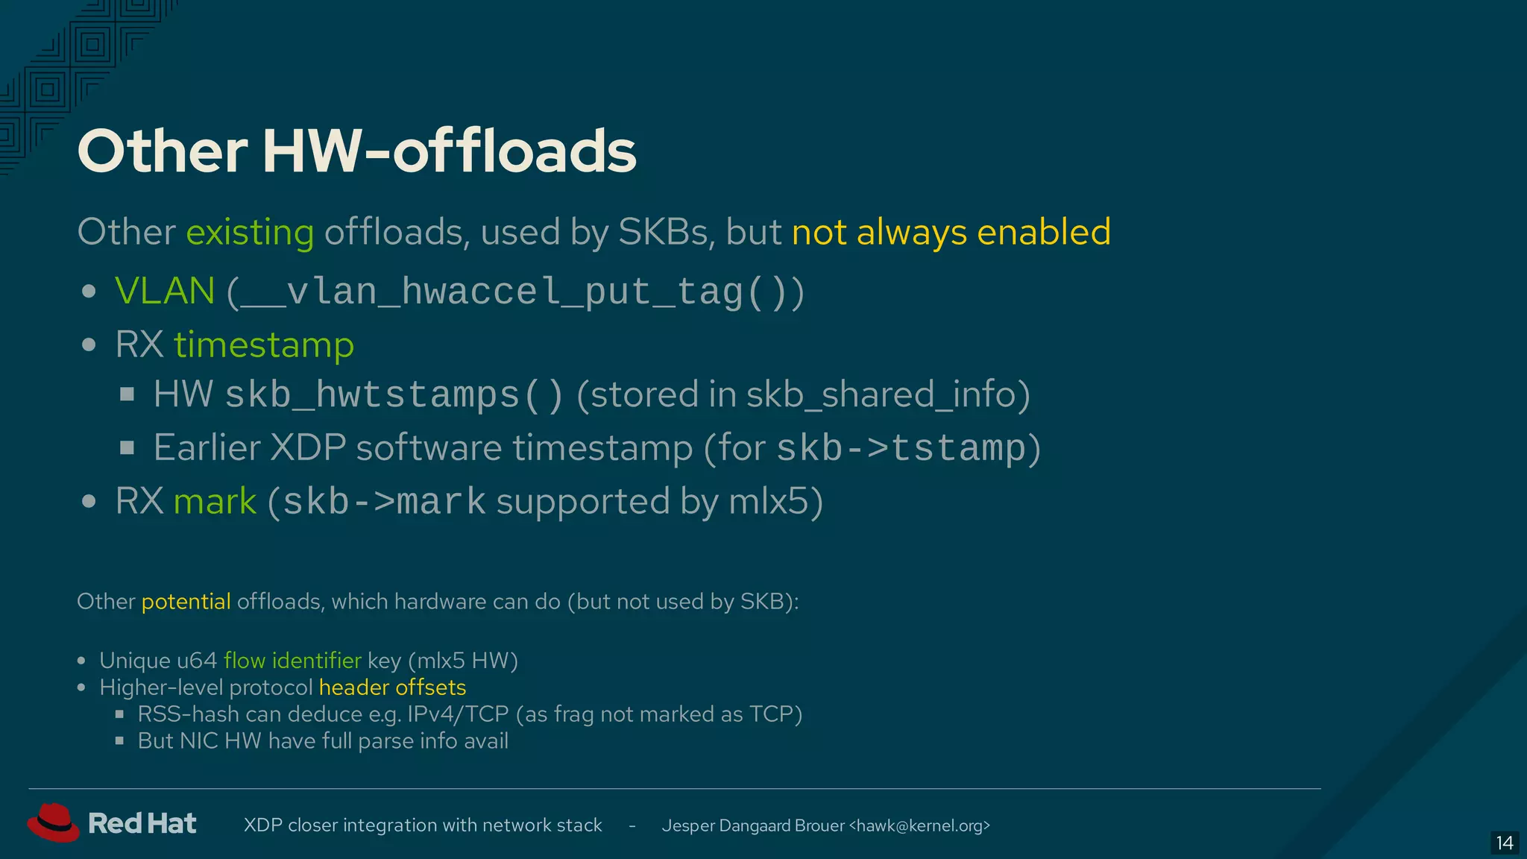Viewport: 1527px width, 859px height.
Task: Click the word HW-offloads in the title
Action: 450,151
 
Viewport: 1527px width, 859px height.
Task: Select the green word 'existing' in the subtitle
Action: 250,232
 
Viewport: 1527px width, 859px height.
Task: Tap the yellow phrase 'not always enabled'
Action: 951,232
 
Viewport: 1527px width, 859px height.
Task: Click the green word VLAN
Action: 165,291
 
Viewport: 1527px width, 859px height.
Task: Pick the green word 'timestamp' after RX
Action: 264,345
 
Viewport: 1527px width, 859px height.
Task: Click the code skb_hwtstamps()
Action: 394,395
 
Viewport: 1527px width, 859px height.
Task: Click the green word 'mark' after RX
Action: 215,501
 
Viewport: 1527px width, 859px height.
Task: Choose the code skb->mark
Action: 384,502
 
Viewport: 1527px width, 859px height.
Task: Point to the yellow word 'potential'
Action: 186,602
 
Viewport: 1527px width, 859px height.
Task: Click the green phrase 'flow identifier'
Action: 292,661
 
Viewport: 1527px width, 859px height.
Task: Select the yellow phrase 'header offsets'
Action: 392,687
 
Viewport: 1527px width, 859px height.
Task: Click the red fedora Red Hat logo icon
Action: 53,822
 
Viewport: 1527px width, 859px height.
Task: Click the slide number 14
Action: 1505,843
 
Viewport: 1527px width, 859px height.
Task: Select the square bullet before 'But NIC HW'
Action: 119,741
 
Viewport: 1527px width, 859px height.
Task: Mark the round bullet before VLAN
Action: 89,292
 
